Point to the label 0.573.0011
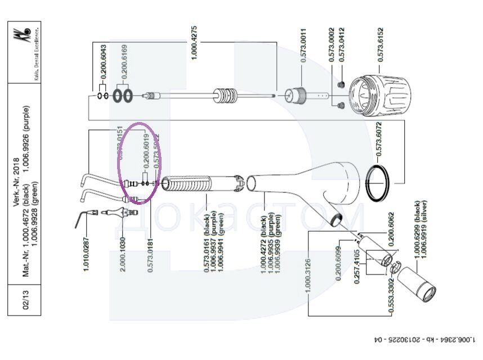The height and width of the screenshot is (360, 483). pyautogui.click(x=303, y=45)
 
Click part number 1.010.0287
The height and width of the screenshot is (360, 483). pyautogui.click(x=87, y=248)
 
